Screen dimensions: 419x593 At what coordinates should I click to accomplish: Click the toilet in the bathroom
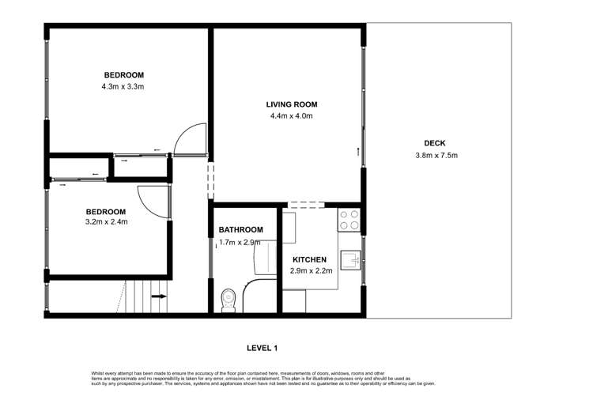tap(228, 300)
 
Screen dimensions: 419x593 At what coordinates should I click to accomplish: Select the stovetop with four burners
tap(349, 219)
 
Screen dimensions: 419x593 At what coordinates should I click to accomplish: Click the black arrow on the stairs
tap(158, 296)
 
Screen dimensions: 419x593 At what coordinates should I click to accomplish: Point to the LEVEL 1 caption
tap(263, 348)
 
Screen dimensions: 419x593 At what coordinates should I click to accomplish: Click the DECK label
tap(435, 143)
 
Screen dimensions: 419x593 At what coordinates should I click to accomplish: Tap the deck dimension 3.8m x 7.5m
tap(436, 155)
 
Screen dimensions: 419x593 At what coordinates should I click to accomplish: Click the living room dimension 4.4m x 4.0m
tap(292, 116)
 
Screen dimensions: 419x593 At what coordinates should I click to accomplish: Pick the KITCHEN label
tap(310, 259)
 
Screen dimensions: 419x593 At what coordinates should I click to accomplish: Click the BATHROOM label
tap(240, 230)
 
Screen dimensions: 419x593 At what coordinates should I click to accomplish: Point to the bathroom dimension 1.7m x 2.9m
tap(240, 242)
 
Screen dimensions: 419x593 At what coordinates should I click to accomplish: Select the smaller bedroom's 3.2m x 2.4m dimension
tap(106, 222)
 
